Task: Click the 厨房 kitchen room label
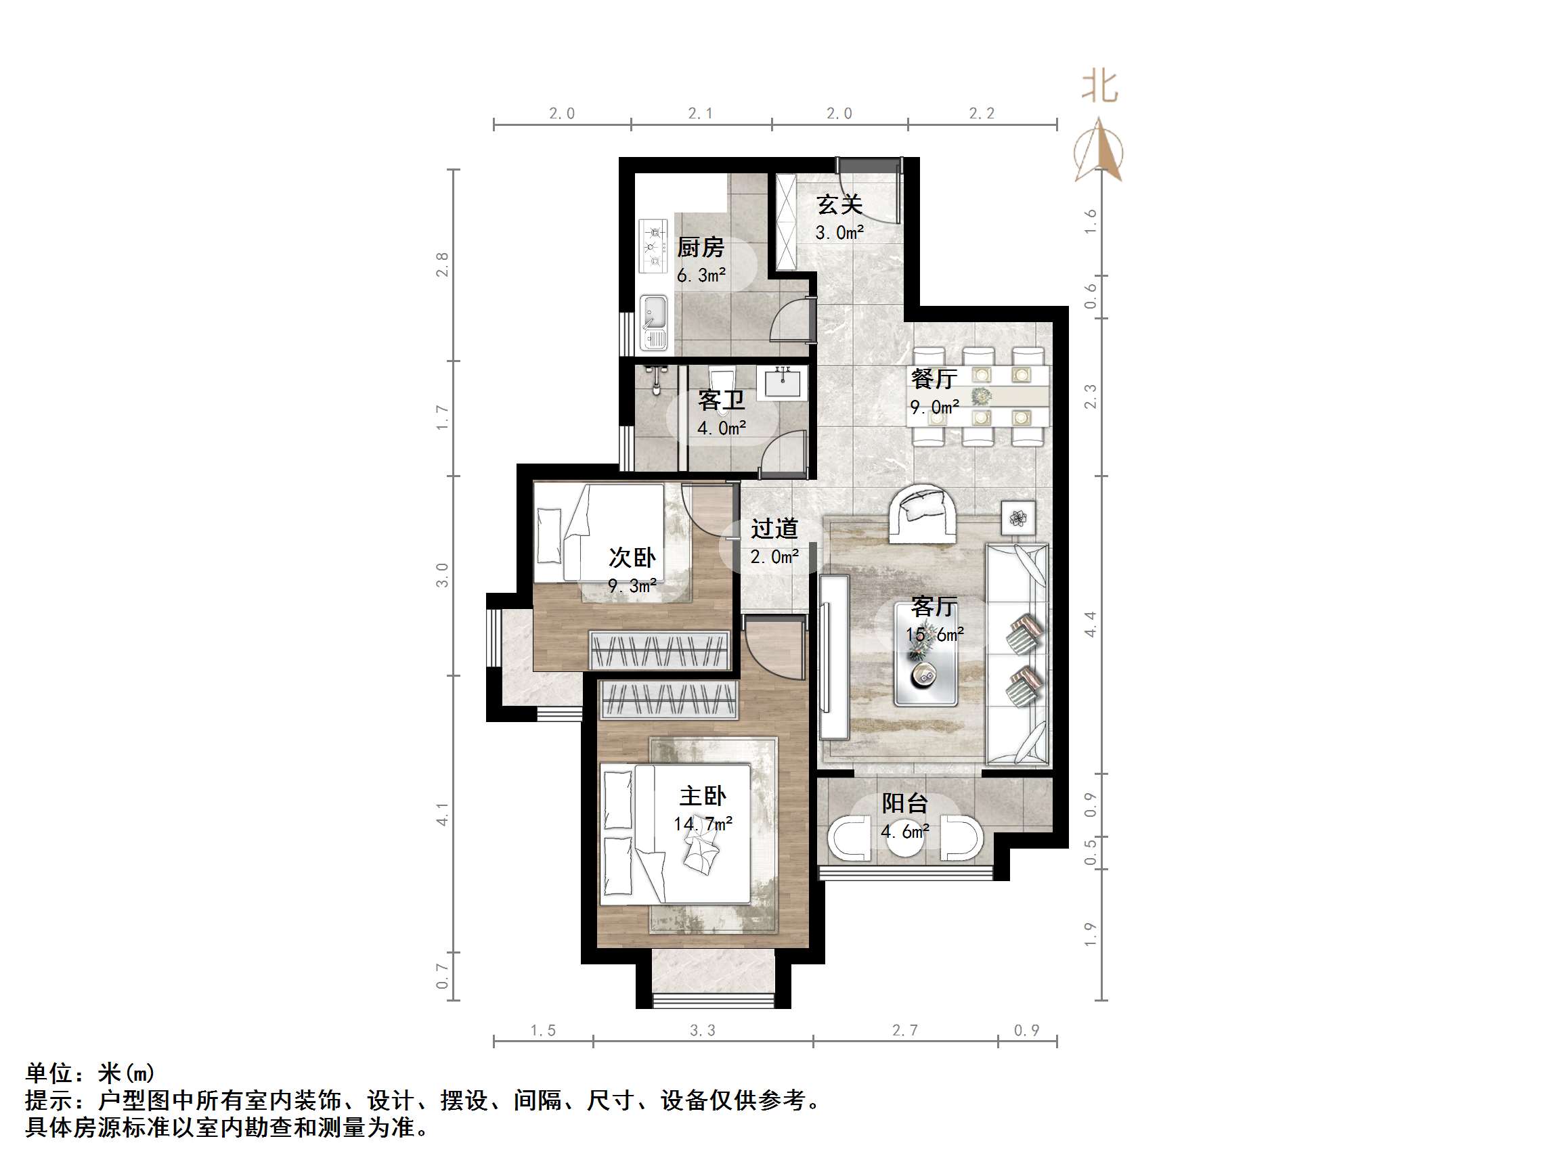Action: (x=700, y=248)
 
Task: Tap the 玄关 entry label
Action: (x=839, y=204)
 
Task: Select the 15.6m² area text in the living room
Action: (x=934, y=635)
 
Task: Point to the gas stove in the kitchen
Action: (x=654, y=246)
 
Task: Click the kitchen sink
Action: (x=654, y=323)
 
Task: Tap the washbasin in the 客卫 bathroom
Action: (x=782, y=382)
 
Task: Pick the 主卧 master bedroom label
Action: (x=702, y=796)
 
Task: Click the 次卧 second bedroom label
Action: (x=632, y=558)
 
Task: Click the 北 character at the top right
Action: (x=1099, y=87)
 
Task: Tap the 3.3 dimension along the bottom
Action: (x=702, y=1031)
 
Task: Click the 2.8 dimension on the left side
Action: (x=441, y=265)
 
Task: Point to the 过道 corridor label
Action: (x=774, y=529)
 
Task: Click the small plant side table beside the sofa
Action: (x=1018, y=518)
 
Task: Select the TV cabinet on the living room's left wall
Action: (x=834, y=656)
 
